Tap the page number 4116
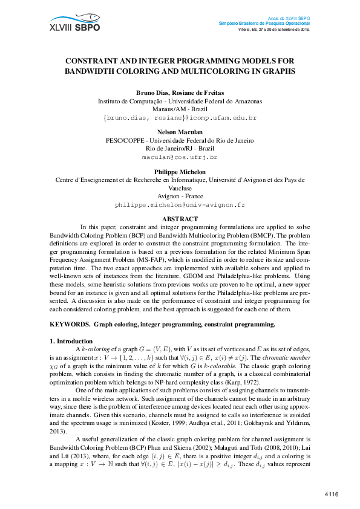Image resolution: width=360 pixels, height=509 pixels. point(332,495)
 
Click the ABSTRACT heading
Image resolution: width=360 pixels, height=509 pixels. point(180,219)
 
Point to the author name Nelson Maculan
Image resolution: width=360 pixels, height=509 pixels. point(180,132)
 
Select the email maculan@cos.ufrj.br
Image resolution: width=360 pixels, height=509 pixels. point(180,157)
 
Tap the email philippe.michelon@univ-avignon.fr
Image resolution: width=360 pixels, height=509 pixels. point(180,205)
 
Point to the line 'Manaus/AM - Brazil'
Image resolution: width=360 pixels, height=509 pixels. point(180,109)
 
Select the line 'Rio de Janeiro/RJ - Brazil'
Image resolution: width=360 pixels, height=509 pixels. point(180,148)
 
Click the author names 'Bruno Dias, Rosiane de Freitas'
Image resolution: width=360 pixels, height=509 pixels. point(180,92)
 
